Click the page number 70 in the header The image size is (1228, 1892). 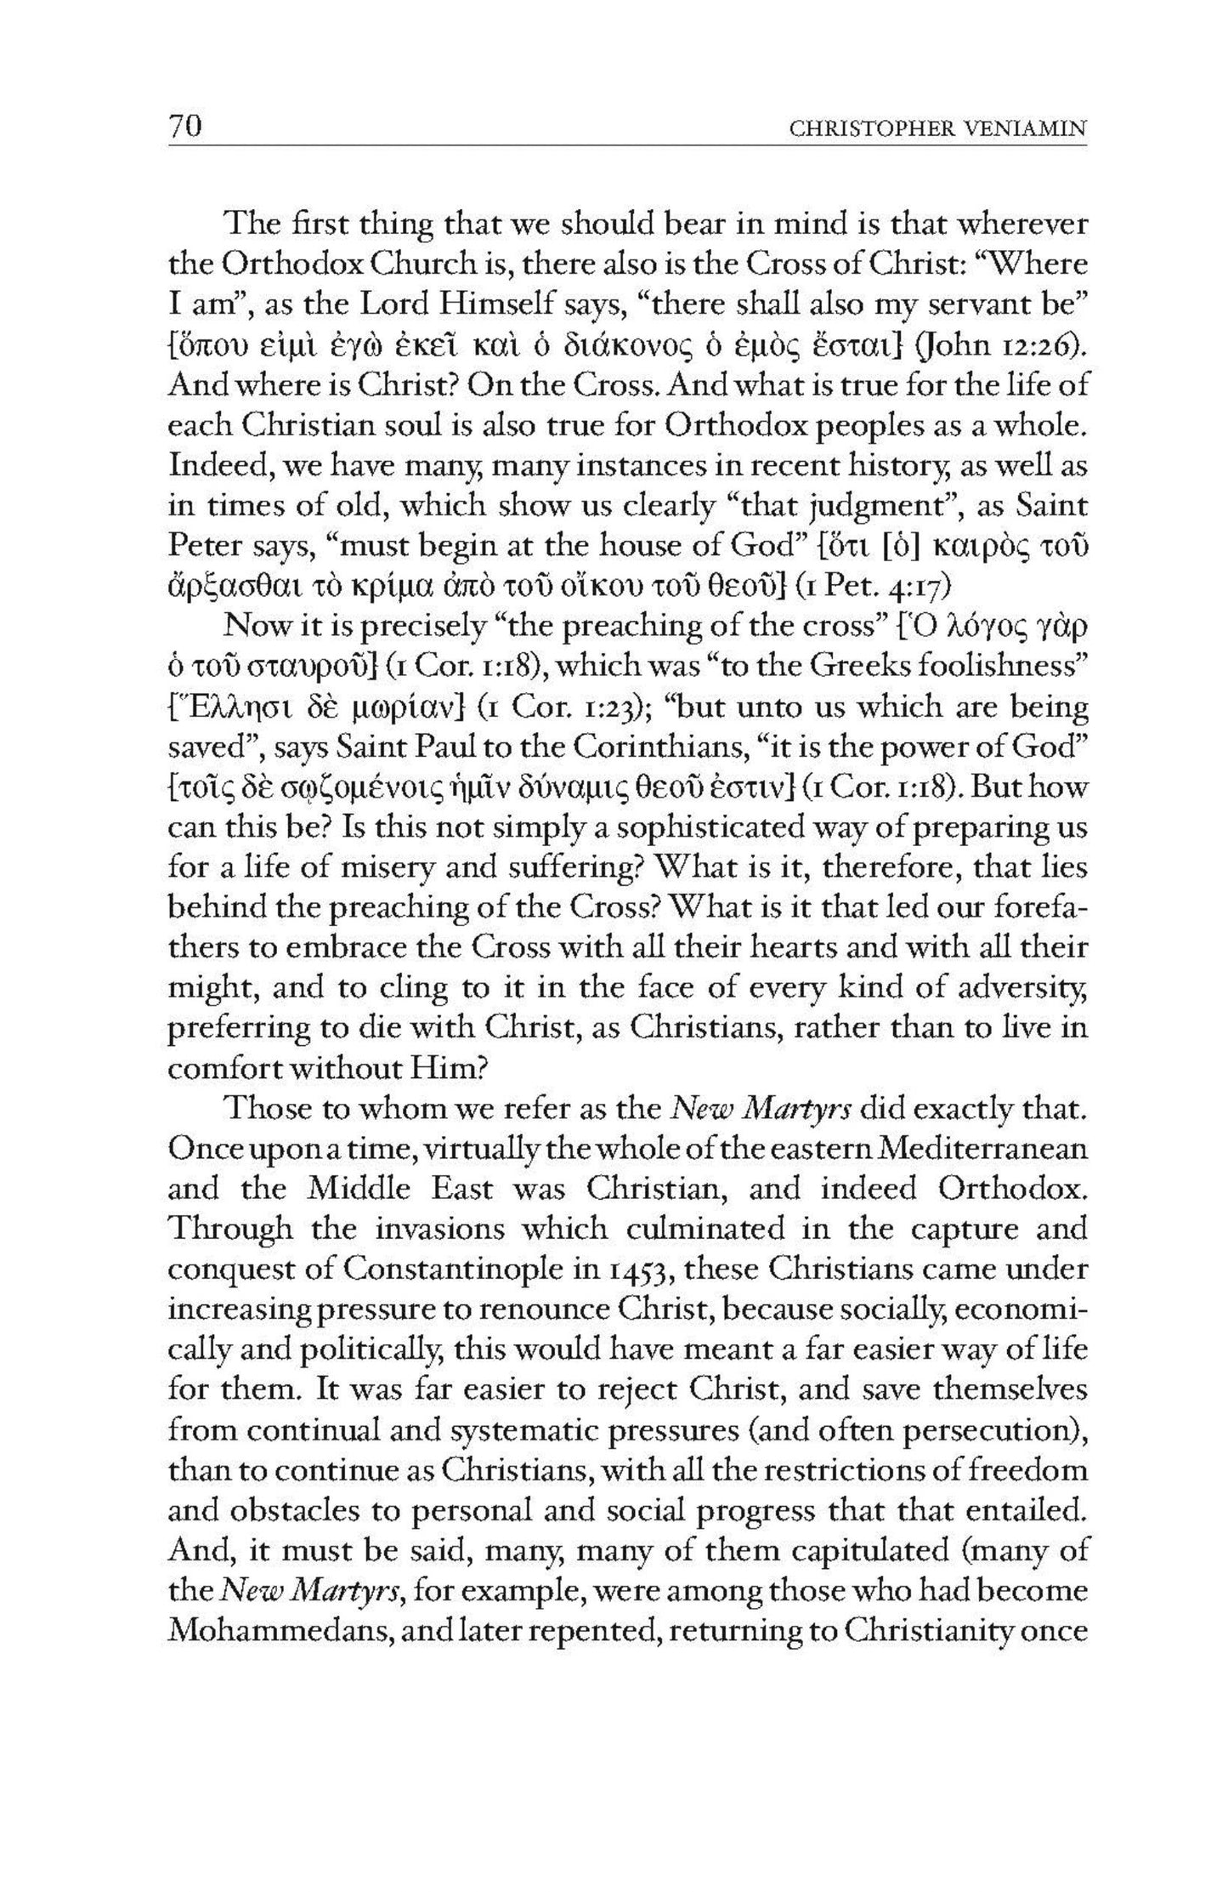pos(184,127)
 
